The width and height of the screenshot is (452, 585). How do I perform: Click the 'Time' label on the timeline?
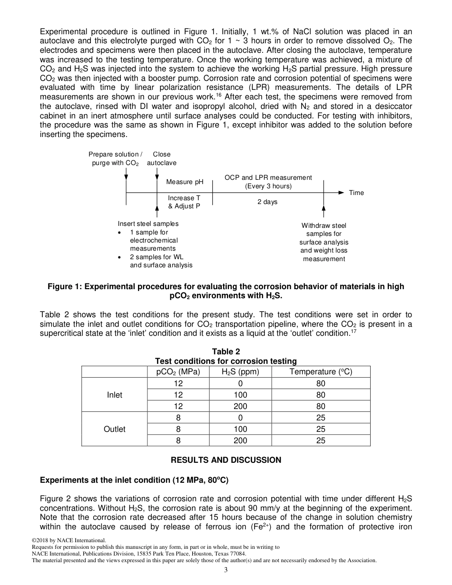coord(356,193)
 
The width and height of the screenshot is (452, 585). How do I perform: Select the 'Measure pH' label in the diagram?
coord(185,182)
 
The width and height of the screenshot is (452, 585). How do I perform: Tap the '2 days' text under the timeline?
coord(267,202)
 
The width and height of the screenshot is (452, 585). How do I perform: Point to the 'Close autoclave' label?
coord(161,158)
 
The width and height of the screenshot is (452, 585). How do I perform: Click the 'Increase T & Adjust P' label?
coord(184,202)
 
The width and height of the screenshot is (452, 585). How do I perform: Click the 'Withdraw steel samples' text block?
coord(324,242)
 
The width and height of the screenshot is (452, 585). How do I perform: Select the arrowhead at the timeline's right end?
coord(341,193)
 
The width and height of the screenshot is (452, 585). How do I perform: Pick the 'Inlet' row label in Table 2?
coord(115,395)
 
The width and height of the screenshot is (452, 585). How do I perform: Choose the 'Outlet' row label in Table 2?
coord(115,429)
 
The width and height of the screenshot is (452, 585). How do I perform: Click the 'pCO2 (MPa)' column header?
coord(178,372)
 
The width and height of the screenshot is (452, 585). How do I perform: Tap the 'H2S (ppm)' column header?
coord(240,372)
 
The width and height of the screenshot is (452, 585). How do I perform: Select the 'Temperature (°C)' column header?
coord(321,372)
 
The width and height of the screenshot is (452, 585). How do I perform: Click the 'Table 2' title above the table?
coord(226,351)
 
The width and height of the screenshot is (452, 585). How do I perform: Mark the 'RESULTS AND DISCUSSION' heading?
coord(226,460)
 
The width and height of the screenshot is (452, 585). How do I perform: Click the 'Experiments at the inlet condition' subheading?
coord(134,480)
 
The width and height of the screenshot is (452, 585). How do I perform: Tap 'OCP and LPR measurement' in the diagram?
coord(268,177)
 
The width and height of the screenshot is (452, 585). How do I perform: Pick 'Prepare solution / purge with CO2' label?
coord(115,158)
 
